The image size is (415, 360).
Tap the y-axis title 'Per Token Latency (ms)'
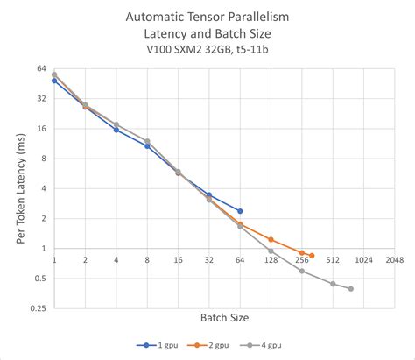(x=20, y=187)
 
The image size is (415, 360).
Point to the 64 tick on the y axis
(x=41, y=68)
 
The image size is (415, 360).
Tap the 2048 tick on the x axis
(x=394, y=260)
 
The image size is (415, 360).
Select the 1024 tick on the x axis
(x=363, y=260)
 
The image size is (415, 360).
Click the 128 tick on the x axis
(x=271, y=260)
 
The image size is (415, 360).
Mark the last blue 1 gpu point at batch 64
(x=240, y=211)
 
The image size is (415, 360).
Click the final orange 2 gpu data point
(x=312, y=256)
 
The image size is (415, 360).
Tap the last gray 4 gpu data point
(x=351, y=289)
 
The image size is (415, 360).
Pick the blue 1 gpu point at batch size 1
(x=54, y=81)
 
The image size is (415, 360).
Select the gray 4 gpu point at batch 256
(x=302, y=271)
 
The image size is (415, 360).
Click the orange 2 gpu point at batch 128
(x=271, y=239)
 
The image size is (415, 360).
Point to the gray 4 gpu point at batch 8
(x=147, y=141)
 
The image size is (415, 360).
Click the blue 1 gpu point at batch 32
(x=209, y=195)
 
